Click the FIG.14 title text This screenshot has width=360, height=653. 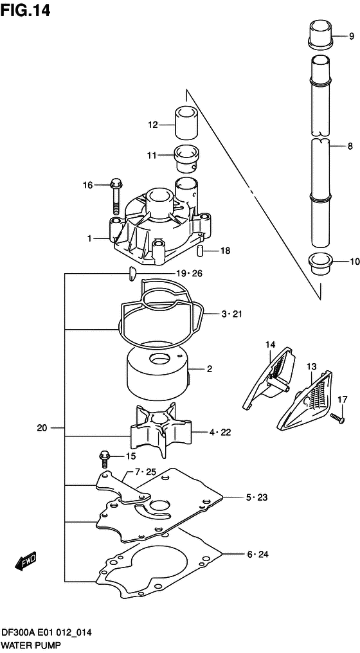point(26,11)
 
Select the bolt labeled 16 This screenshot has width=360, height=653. point(116,195)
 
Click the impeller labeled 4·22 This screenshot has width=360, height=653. point(161,430)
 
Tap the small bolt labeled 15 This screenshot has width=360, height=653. point(104,458)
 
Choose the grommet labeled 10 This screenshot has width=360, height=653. point(319,264)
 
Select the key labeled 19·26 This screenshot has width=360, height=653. point(130,274)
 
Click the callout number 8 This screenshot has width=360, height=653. point(350,147)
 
